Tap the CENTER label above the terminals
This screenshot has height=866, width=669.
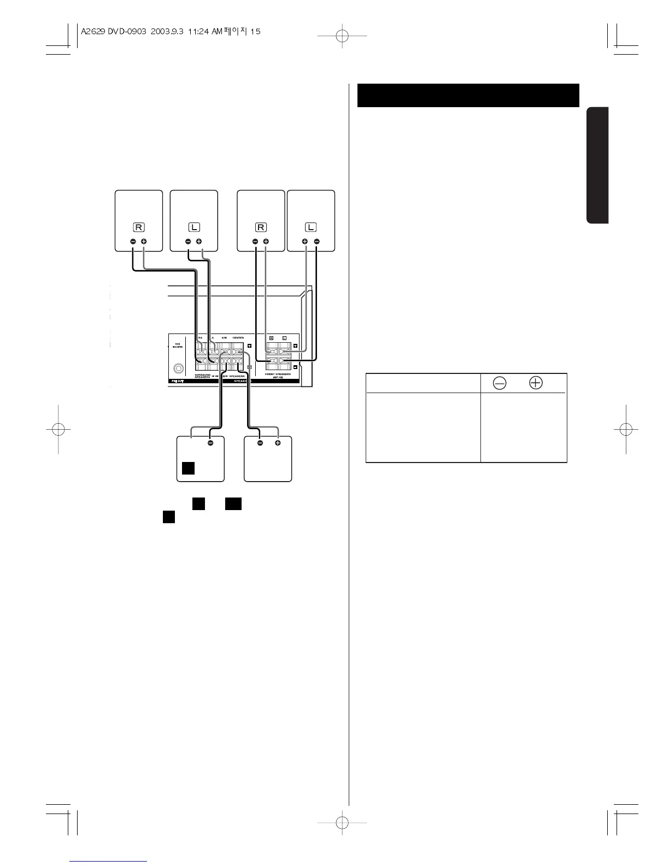[x=238, y=338]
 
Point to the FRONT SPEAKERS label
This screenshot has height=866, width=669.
[x=279, y=375]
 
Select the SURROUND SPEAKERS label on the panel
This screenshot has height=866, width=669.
[x=203, y=376]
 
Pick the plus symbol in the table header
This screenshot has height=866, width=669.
[x=536, y=383]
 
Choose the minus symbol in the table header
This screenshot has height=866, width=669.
[x=499, y=383]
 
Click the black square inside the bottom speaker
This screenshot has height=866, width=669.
[x=189, y=468]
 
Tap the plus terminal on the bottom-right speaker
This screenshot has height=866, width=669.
[x=278, y=443]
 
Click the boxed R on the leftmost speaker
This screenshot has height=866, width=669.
[x=139, y=227]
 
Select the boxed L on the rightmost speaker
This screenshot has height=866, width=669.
[x=311, y=227]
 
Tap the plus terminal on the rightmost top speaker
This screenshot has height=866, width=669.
[x=305, y=242]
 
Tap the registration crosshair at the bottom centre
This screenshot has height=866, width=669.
[x=342, y=821]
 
